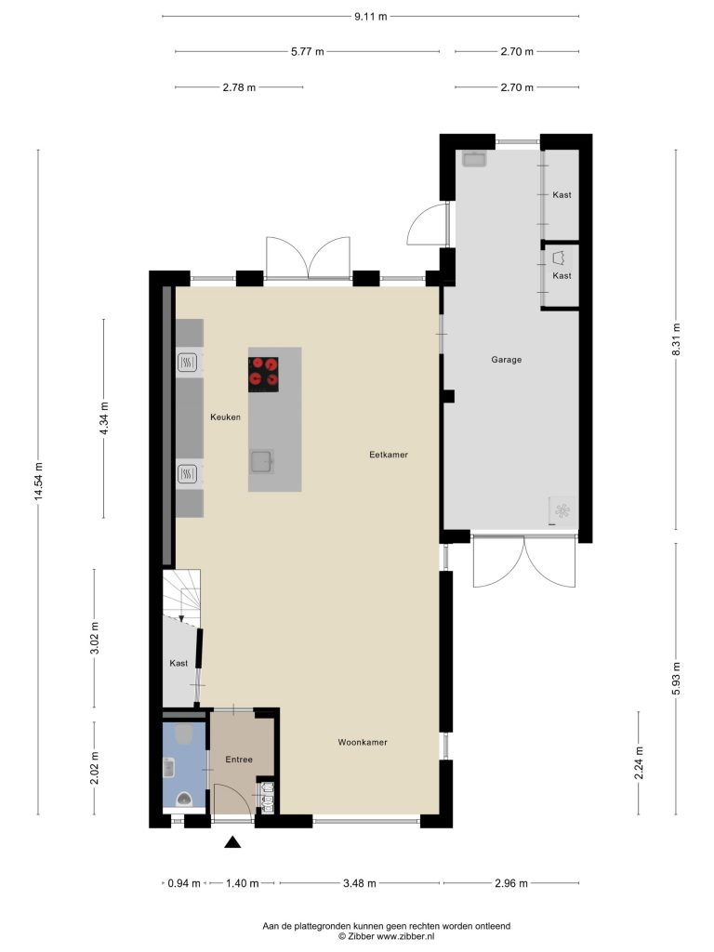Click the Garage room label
point(506,360)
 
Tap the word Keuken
point(225,417)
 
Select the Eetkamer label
point(389,454)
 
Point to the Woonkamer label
point(363,742)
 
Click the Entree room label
point(239,760)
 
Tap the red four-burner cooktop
point(263,374)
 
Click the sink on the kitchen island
point(261,461)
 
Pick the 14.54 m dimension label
point(38,482)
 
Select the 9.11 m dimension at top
point(370,17)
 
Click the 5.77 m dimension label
point(307,52)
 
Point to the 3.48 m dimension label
point(360,883)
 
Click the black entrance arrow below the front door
point(232,841)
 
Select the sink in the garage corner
point(473,159)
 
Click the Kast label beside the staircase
point(178,664)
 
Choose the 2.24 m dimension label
point(639,763)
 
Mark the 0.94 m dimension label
point(184,883)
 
